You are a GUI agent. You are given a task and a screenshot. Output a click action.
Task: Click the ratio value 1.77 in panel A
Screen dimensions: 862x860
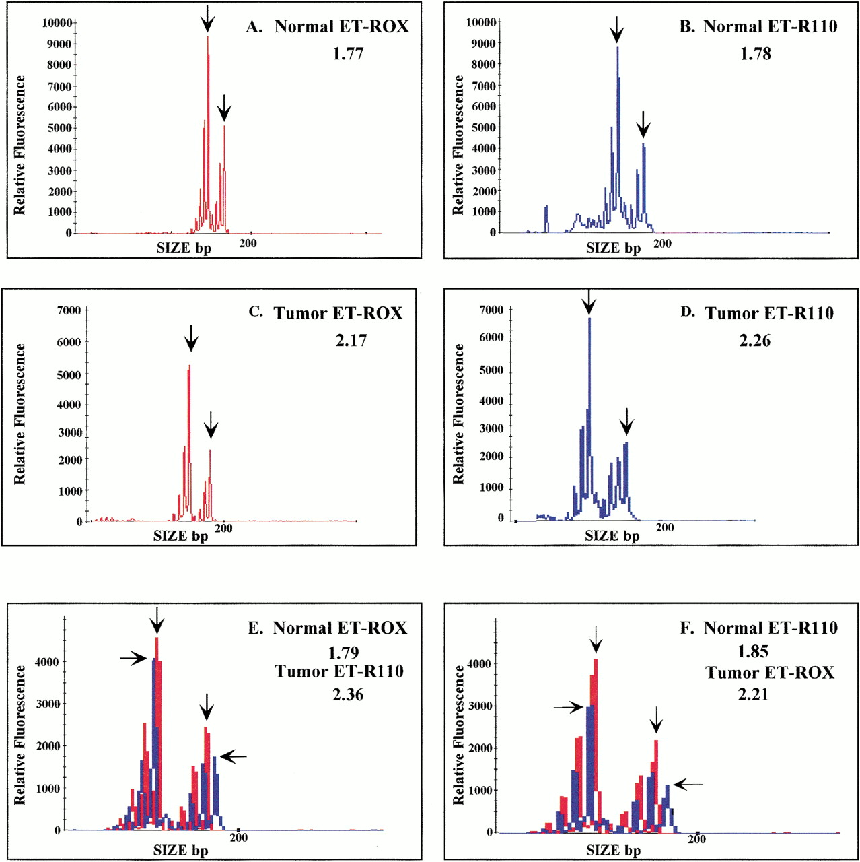tap(348, 54)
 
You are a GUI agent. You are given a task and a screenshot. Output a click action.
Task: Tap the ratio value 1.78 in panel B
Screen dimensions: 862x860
tap(755, 54)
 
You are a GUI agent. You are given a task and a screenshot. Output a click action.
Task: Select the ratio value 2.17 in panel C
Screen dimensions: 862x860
tap(351, 341)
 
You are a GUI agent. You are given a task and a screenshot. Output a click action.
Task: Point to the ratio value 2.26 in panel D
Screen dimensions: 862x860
tap(754, 341)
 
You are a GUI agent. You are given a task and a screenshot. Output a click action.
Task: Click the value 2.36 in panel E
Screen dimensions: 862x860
tap(347, 694)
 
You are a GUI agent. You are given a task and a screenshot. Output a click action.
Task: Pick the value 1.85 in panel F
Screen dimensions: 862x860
tap(752, 651)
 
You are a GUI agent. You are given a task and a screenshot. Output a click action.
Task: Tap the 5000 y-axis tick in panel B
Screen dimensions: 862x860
tap(483, 127)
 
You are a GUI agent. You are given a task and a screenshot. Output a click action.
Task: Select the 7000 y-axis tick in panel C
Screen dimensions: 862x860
tap(68, 310)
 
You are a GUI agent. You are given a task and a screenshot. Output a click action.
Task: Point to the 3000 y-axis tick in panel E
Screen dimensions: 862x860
tap(48, 704)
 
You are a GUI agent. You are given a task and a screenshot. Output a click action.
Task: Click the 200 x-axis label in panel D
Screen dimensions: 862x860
tap(665, 527)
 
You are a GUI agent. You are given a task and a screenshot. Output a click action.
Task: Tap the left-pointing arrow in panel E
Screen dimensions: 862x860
tap(234, 757)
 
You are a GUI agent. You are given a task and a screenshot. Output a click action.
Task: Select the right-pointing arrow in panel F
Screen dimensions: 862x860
tap(569, 707)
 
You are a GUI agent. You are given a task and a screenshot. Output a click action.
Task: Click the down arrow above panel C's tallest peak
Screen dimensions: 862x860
tap(191, 338)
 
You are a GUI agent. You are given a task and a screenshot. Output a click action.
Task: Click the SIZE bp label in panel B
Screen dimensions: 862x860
tap(613, 248)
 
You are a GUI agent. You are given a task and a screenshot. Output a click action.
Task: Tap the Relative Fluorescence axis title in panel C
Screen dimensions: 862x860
tap(20, 414)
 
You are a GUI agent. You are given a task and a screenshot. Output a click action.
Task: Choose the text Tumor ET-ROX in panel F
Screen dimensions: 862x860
tap(769, 673)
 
